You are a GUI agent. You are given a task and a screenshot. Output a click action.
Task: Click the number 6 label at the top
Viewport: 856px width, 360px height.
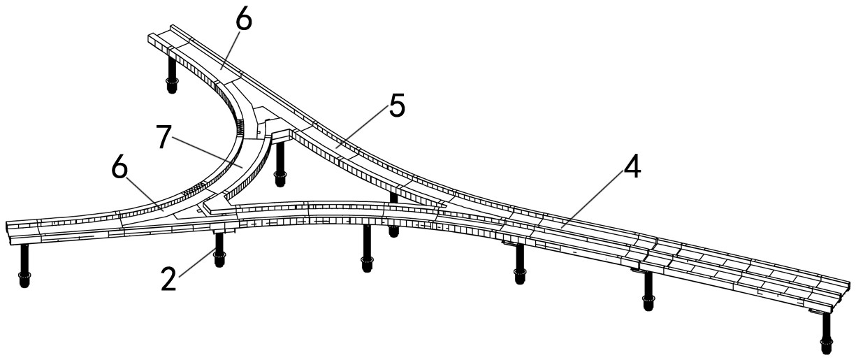(x=244, y=20)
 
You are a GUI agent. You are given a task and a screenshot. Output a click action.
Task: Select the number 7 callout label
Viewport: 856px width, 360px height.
(x=164, y=138)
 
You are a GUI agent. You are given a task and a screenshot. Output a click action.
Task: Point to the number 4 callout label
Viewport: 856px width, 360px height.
(x=632, y=168)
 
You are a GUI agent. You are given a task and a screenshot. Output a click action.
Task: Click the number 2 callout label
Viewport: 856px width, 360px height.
(x=168, y=280)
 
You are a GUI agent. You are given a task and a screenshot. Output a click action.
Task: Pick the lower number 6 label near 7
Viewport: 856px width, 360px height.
(x=119, y=168)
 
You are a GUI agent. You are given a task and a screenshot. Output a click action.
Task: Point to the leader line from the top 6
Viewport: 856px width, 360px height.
(x=230, y=50)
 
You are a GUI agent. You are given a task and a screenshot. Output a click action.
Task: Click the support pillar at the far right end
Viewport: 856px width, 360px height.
(x=826, y=333)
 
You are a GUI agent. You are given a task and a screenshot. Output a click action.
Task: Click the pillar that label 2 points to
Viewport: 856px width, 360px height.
(x=219, y=250)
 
